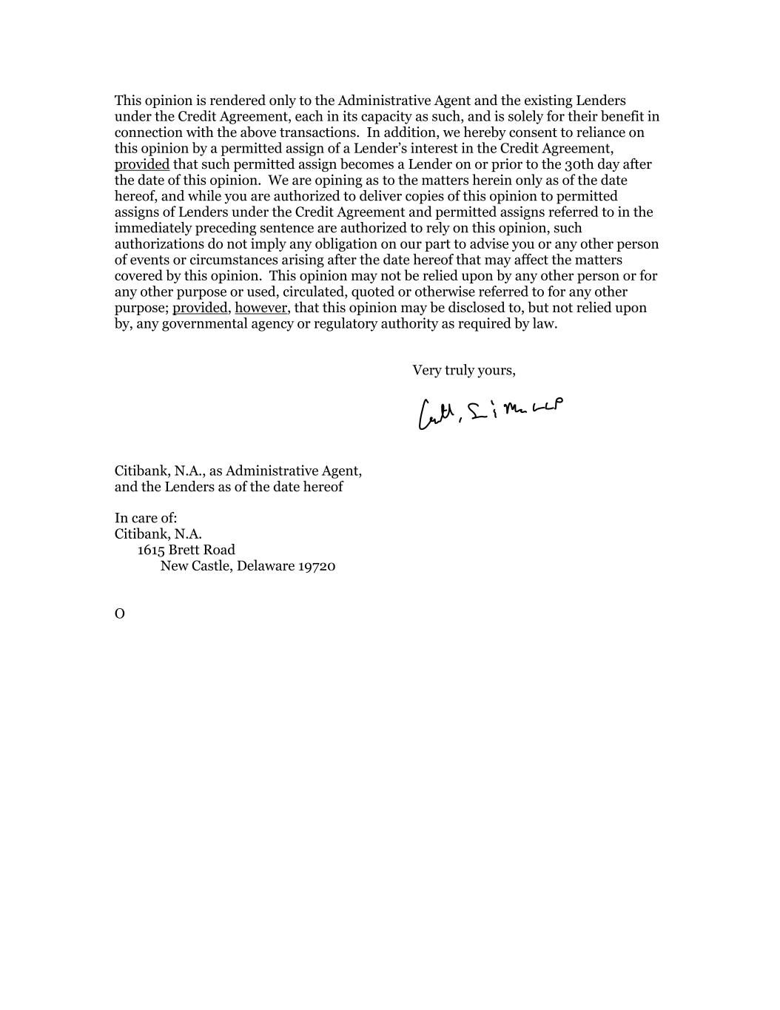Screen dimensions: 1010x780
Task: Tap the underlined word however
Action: click(x=260, y=308)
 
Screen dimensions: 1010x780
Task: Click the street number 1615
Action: click(x=151, y=550)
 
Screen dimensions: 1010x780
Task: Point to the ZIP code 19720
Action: click(x=317, y=566)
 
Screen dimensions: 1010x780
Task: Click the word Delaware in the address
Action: click(x=265, y=566)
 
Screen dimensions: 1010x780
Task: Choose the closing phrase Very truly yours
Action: click(x=464, y=370)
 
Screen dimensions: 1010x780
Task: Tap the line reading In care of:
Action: click(x=146, y=518)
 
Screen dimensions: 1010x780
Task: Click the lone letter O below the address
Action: click(x=120, y=614)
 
